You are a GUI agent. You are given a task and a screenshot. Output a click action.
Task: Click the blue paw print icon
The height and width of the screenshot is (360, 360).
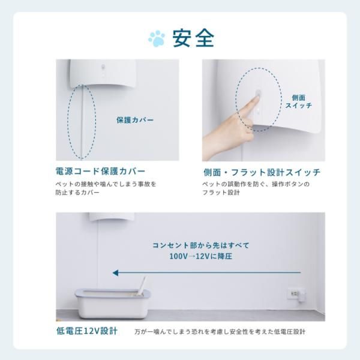(157, 38)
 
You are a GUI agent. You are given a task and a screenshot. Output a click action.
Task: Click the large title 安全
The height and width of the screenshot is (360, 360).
(194, 38)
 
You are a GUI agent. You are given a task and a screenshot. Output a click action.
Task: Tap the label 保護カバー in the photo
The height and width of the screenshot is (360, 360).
(135, 120)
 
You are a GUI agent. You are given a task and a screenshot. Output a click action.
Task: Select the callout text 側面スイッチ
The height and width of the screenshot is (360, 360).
(298, 101)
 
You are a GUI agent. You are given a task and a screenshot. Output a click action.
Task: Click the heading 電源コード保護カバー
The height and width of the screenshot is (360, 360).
(100, 171)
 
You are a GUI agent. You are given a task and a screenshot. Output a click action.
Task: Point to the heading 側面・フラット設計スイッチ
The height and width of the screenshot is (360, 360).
(262, 172)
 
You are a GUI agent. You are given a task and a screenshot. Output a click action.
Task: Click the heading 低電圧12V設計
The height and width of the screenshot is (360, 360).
(87, 331)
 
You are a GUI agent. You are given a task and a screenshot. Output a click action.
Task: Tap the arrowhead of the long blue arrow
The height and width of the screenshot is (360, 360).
(115, 273)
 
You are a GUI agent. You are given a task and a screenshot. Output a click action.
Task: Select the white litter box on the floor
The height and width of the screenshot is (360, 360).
(113, 303)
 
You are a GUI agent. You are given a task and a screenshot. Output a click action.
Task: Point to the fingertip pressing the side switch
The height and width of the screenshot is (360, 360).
(257, 97)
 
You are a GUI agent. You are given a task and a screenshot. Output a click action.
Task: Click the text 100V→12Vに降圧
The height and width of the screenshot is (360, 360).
(201, 256)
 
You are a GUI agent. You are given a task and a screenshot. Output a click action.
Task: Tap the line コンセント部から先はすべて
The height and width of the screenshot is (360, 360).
(201, 245)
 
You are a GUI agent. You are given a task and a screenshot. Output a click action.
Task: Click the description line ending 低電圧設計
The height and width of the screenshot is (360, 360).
(220, 332)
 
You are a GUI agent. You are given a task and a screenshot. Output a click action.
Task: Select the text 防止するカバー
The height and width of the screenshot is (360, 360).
(77, 192)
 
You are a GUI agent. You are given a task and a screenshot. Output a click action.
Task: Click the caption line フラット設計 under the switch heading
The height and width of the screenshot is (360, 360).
(221, 193)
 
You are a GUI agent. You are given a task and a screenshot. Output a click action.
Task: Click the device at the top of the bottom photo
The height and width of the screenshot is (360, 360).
(112, 217)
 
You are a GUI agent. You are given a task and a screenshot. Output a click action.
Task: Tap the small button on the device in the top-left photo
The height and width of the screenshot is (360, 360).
(103, 67)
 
